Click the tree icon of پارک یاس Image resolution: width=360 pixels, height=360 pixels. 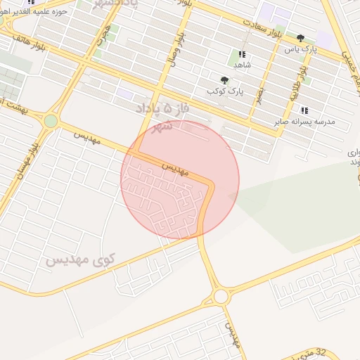point(301,38)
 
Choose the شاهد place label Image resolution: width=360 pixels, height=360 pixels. point(242,65)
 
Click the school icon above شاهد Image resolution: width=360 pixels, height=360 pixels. point(242,54)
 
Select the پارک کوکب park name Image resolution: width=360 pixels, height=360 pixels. point(225,91)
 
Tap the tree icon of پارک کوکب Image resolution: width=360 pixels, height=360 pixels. point(225,80)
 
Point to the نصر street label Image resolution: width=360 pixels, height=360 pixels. point(259,94)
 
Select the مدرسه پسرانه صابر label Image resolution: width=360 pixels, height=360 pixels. point(305,122)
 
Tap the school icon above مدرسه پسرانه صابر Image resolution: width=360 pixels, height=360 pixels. point(304,110)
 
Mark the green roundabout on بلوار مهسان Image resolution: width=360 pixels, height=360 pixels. point(51,121)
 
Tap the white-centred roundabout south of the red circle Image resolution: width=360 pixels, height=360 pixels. point(221,296)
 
